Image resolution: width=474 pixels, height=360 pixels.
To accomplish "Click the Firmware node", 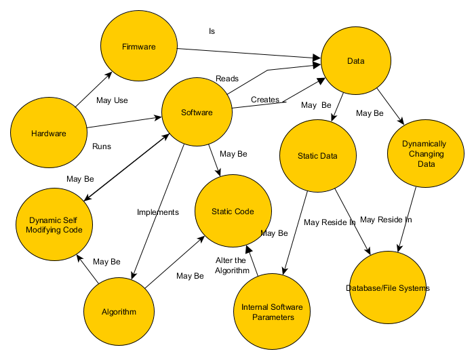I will (x=139, y=47).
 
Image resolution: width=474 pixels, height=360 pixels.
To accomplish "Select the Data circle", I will (x=356, y=62).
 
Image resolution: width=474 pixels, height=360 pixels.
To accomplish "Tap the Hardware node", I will (x=49, y=134).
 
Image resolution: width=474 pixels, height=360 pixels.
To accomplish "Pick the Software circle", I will (x=197, y=113).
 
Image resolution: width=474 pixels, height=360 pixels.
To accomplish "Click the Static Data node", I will (x=317, y=156).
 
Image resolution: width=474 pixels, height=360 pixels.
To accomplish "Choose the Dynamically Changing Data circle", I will (x=424, y=154).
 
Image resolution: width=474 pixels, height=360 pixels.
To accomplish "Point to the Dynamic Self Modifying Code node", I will (x=55, y=225).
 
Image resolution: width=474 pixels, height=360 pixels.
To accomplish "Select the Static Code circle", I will (x=233, y=212).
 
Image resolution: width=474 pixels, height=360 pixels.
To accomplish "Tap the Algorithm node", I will (x=119, y=312).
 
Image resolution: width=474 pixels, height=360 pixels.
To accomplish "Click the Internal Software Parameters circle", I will (x=272, y=312).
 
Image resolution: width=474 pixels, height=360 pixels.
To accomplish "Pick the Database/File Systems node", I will (x=387, y=288).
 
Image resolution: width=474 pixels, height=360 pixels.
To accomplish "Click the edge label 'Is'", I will (x=212, y=31).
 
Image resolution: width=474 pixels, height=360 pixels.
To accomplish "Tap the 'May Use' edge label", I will (x=112, y=100).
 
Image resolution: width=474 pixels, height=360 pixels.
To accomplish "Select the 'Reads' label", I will (x=227, y=79).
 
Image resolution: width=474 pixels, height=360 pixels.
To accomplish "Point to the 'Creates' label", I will (x=265, y=100).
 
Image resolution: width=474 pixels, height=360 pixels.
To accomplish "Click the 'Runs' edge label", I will (x=102, y=146).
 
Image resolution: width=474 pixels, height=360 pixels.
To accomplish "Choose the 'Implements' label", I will (x=158, y=212).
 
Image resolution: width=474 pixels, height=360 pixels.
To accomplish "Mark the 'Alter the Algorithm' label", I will (x=231, y=265).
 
